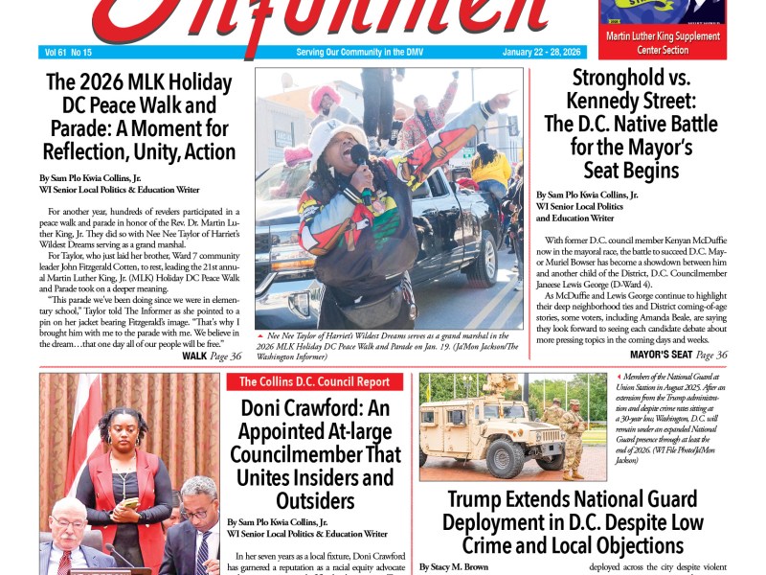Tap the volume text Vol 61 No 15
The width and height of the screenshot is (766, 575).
point(68,52)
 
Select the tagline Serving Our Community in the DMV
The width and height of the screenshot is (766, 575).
point(359,52)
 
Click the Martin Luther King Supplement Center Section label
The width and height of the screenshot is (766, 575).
point(662,43)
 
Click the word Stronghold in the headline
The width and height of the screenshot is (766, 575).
point(618,79)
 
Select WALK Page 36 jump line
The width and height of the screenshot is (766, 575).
point(211,356)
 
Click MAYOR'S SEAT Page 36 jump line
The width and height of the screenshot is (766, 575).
point(678,356)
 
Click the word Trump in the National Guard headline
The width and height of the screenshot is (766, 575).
point(478,499)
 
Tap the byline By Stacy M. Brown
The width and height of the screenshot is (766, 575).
point(454,567)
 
